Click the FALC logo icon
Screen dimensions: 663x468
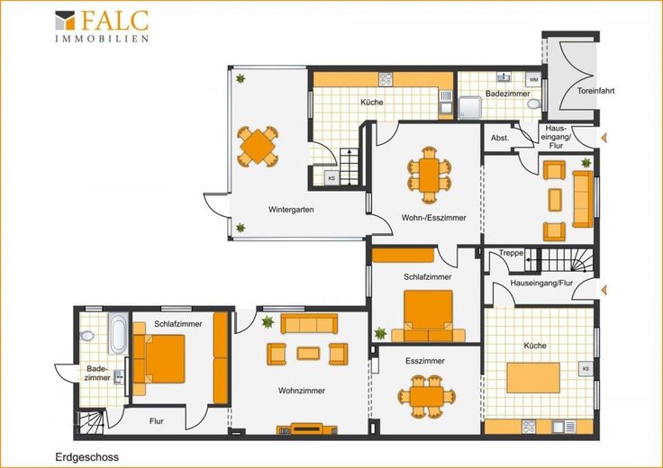click(65, 21)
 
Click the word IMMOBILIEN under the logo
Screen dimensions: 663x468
click(102, 39)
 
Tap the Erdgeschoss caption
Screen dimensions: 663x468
click(87, 457)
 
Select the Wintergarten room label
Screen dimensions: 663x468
click(291, 210)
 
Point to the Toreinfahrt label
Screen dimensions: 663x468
click(595, 91)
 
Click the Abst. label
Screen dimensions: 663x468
click(500, 138)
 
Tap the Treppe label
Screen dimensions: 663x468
click(511, 254)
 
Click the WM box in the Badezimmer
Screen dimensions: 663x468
click(533, 79)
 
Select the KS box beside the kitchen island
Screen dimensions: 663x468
click(586, 369)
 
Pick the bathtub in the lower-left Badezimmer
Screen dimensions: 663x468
click(118, 334)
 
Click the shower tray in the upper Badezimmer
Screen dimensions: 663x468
click(469, 108)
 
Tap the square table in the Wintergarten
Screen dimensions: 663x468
click(258, 147)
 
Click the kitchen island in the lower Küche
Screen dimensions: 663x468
click(533, 378)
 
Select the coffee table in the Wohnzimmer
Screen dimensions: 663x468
click(308, 353)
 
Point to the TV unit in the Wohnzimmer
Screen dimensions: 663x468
click(307, 429)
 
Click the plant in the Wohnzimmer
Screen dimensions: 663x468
click(268, 322)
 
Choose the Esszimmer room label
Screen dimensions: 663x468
click(425, 361)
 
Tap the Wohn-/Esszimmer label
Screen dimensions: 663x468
click(433, 218)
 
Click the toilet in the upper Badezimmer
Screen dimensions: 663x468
click(534, 103)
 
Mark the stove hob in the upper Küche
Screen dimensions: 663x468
click(386, 79)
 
